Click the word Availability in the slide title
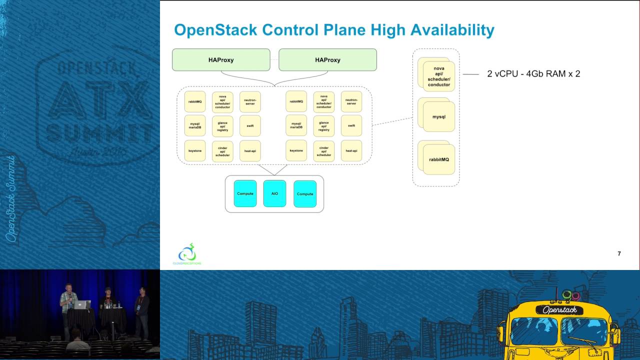(452, 30)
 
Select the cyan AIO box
(274, 193)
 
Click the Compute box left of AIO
(245, 193)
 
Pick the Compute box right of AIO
(305, 194)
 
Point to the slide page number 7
(619, 253)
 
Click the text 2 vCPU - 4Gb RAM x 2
(533, 74)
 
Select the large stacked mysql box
(438, 117)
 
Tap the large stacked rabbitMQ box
(438, 159)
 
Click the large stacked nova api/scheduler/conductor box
(438, 75)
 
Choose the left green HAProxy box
(221, 60)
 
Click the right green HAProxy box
(327, 60)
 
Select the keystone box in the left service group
(195, 150)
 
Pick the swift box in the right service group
(351, 126)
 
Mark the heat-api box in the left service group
(250, 150)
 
